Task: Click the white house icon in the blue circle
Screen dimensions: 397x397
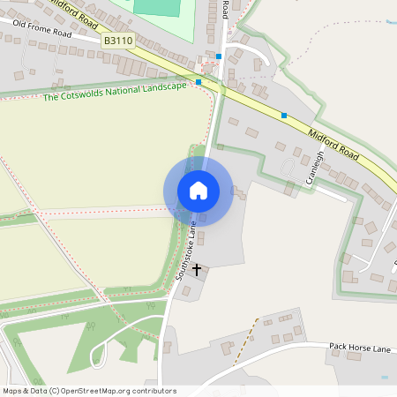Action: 198,190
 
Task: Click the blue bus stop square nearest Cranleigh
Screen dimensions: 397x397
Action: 284,115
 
